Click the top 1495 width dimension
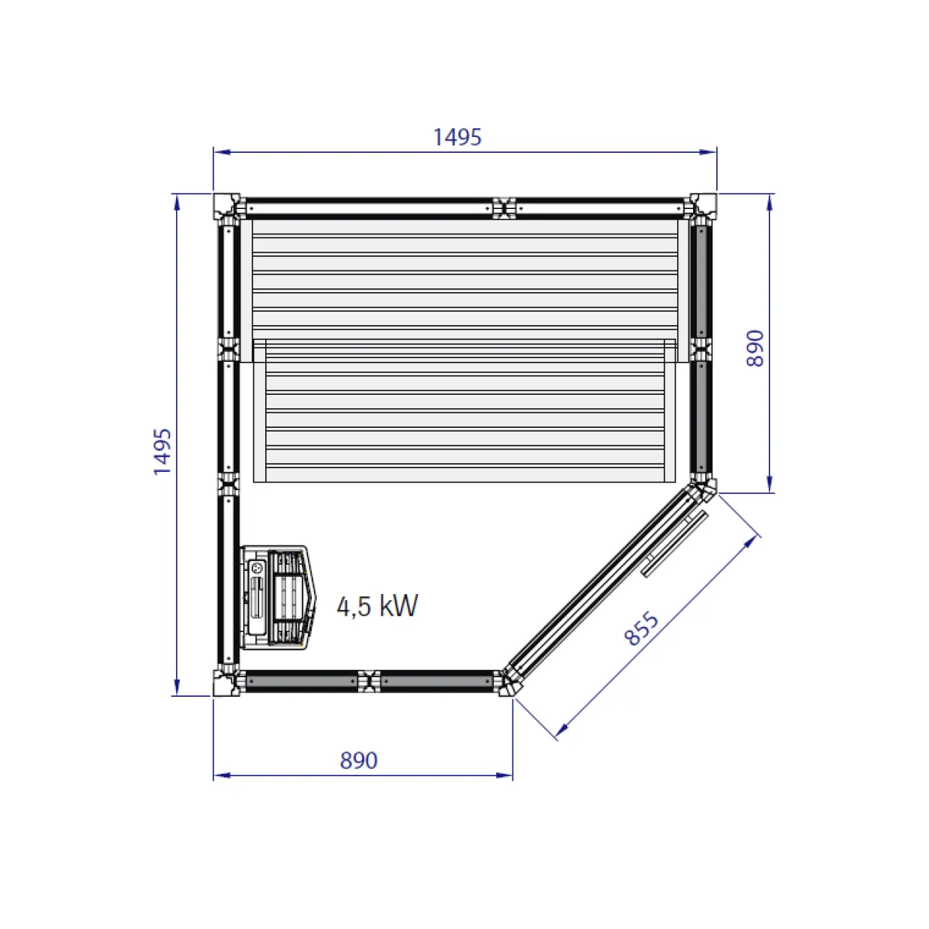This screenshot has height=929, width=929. [x=457, y=137]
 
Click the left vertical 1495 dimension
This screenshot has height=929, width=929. [x=163, y=452]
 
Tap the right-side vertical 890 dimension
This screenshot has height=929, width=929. [x=754, y=348]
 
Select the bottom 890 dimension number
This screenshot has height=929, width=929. [x=359, y=760]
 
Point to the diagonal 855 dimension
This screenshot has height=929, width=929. [x=641, y=628]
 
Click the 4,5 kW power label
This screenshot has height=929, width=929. [x=378, y=606]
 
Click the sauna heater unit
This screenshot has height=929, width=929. [x=278, y=598]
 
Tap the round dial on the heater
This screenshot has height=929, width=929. [x=257, y=567]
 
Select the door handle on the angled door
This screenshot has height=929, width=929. [x=674, y=543]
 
